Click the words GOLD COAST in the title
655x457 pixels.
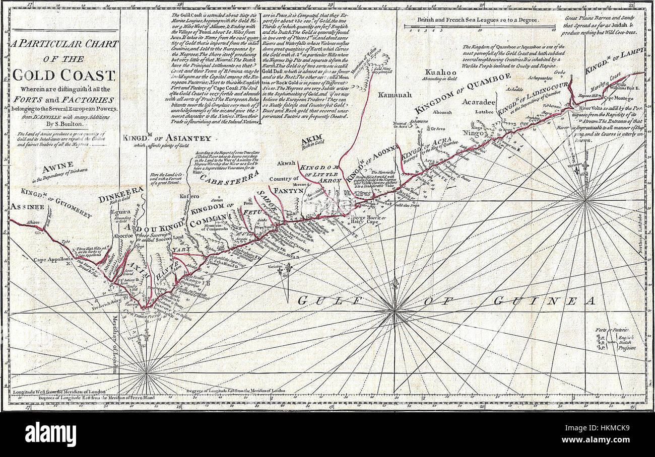click(x=63, y=75)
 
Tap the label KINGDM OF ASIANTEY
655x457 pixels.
click(x=167, y=137)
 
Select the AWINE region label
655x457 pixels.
click(x=58, y=165)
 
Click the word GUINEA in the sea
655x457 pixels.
click(x=544, y=301)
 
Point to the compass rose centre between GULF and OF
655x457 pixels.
click(x=396, y=312)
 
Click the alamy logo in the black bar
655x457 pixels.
click(x=50, y=434)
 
